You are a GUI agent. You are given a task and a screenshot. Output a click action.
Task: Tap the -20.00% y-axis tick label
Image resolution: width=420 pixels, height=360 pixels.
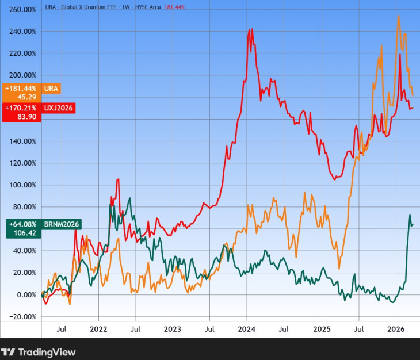click(21, 317)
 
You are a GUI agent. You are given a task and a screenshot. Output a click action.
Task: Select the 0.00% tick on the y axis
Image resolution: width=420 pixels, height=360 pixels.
click(24, 295)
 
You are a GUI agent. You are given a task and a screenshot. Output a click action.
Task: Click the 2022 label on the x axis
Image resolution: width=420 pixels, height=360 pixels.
click(98, 330)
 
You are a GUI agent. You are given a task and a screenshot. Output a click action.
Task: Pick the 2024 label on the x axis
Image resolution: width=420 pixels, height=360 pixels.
click(246, 330)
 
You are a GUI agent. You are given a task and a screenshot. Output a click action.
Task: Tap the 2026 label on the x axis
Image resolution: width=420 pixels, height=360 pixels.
click(395, 330)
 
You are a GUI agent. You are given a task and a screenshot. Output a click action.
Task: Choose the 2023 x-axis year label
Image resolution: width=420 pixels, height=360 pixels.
click(173, 330)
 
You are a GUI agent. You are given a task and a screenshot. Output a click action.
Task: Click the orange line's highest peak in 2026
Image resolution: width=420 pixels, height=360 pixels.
click(399, 16)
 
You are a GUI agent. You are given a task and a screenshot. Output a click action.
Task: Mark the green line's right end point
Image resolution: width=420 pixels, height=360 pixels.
click(413, 224)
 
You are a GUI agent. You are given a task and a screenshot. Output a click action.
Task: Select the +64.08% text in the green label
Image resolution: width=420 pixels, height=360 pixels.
click(21, 224)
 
